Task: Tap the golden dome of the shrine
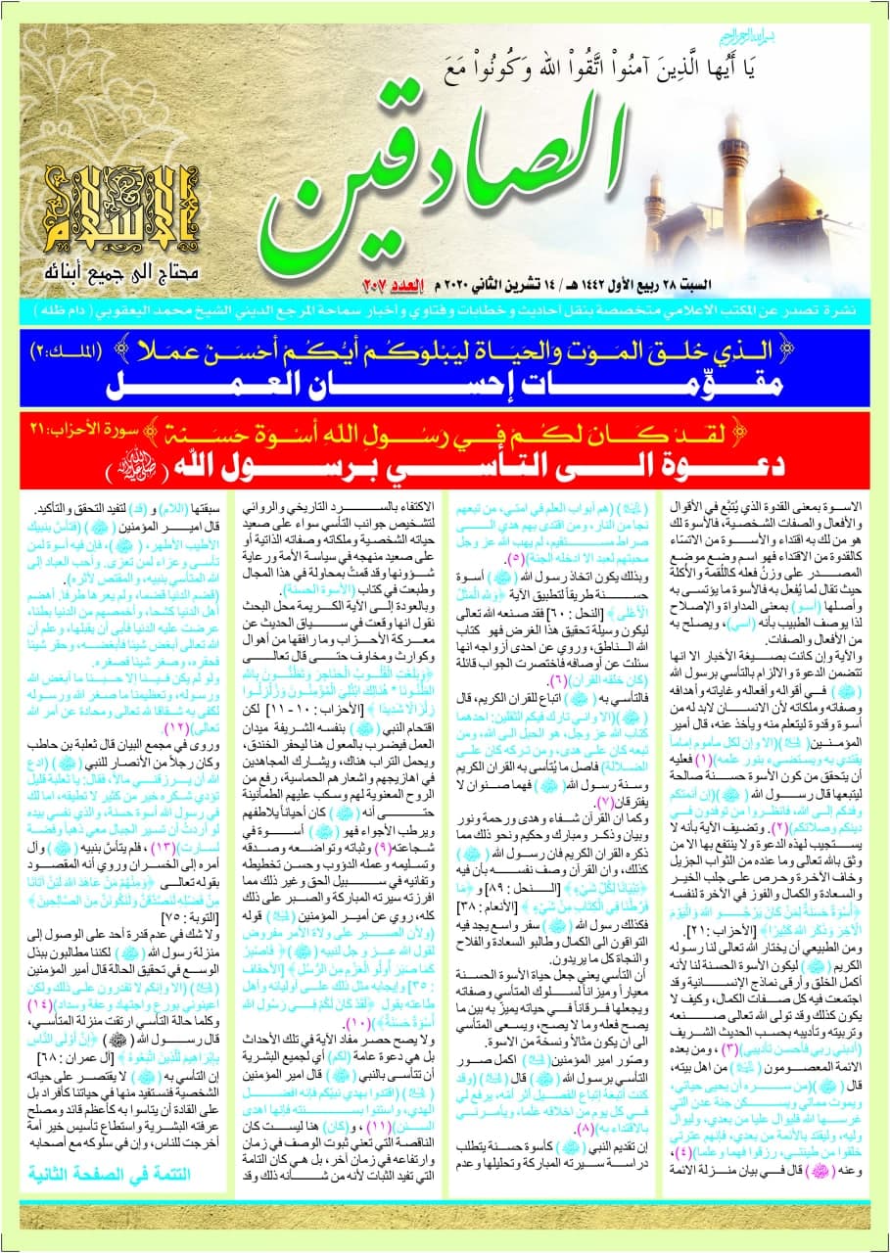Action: click(x=783, y=201)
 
